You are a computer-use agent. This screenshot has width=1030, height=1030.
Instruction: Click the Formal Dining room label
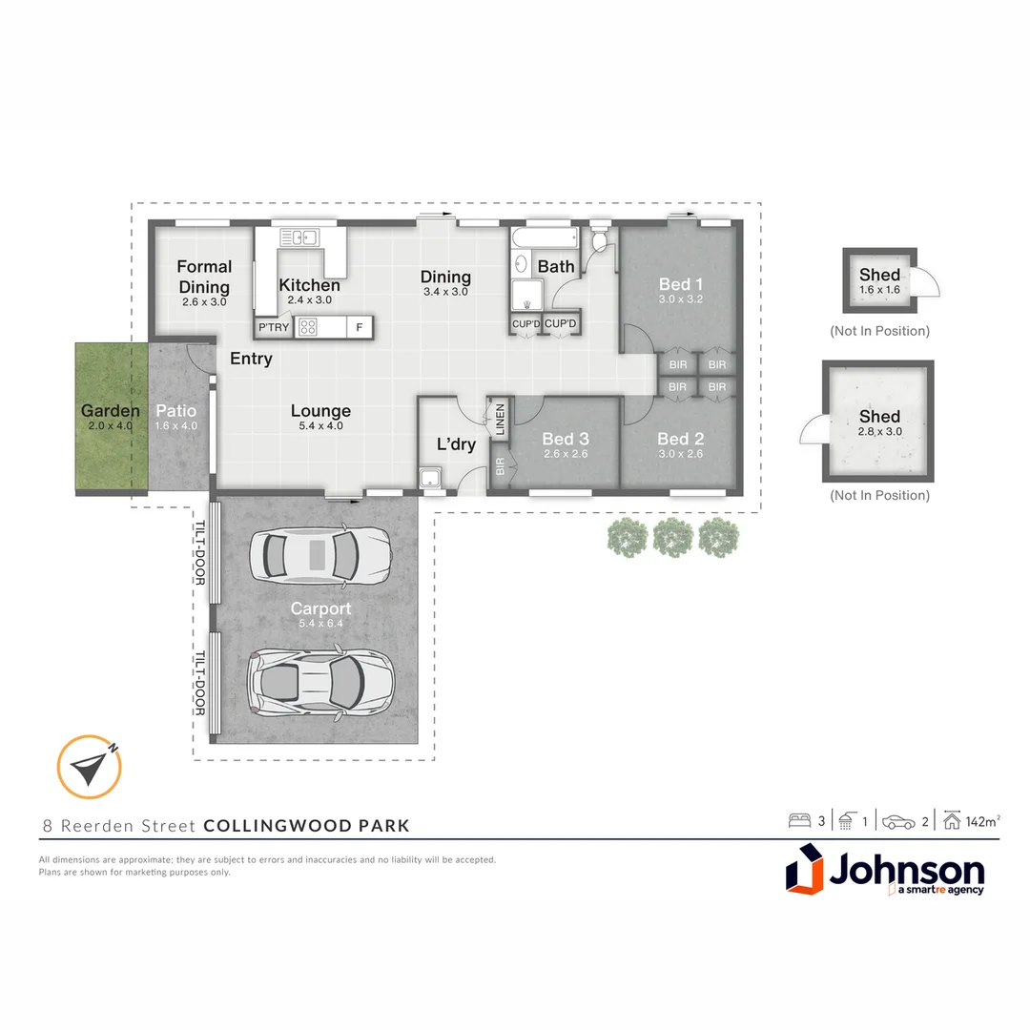coord(204,277)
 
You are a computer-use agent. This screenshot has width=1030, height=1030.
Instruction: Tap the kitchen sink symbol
coord(299,237)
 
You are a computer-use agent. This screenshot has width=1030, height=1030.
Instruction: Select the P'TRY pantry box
coord(274,327)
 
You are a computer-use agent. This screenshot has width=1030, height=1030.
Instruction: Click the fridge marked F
coord(360,327)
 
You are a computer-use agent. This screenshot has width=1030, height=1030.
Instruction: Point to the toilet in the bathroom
coord(599,238)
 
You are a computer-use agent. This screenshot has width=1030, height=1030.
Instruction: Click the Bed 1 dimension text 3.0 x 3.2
coord(681,299)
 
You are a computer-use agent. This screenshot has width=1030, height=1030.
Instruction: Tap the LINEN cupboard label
coord(500,419)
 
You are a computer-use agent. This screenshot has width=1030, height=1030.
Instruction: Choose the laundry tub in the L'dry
coord(431,478)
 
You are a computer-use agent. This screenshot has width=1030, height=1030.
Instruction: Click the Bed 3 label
coord(566,438)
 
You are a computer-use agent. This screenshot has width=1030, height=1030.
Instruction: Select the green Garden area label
coord(111,410)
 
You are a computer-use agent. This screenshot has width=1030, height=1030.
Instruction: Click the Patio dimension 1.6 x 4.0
coord(176,425)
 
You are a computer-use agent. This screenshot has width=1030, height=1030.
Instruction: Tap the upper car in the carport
coord(319,555)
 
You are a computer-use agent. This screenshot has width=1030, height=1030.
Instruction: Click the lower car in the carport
coord(319,681)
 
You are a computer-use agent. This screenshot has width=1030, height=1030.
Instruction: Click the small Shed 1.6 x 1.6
coord(879,280)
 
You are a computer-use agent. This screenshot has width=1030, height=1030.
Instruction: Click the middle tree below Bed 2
coord(673,537)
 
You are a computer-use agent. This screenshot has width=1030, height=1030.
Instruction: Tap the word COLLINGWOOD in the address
coord(278,826)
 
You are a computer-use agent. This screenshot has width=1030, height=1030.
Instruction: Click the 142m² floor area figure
coord(982,821)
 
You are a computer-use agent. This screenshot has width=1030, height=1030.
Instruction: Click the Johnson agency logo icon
coord(805,869)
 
